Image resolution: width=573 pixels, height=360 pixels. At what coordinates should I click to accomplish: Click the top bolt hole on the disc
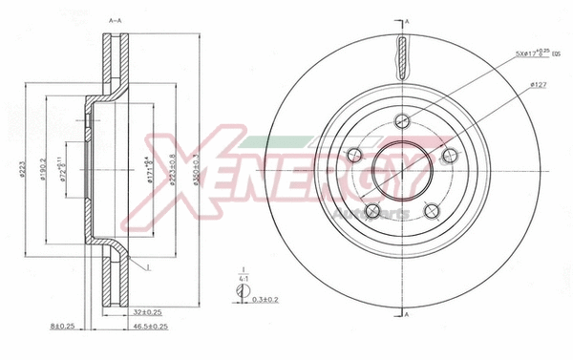coord(401,119)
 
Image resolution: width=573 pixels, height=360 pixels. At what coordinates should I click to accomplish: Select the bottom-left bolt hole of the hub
coord(373,211)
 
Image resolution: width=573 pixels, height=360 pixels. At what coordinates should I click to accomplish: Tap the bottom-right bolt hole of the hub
coord(430,211)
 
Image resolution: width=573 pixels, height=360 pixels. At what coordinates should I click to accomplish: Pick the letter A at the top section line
coord(408,21)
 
